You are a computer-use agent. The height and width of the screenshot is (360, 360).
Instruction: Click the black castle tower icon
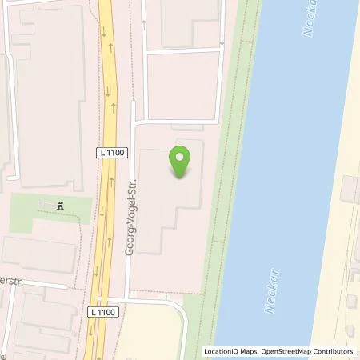[60, 206]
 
